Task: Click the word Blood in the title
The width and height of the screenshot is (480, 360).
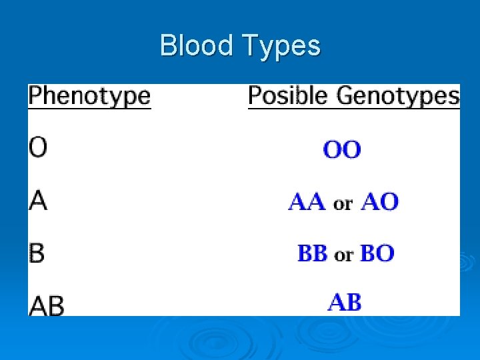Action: point(197,45)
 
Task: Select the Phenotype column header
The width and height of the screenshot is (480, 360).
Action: point(89,96)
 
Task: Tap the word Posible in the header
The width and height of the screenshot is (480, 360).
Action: point(288,96)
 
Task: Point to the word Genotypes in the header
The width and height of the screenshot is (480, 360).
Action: point(398,97)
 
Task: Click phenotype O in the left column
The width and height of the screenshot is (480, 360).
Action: point(38,148)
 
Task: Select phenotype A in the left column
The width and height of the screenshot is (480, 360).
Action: point(38,200)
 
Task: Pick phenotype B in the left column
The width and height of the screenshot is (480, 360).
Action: point(37,253)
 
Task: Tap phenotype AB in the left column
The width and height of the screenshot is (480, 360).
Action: point(47,305)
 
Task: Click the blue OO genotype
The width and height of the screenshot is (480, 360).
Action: point(342,149)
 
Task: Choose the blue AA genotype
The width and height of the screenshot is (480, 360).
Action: point(307,201)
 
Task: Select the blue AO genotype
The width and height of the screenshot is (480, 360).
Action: point(379,201)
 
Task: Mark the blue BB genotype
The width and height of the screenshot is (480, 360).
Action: point(312,253)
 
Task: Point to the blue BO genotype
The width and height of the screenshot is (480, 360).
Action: point(377,253)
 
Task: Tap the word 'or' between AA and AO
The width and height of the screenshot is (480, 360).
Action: point(343,203)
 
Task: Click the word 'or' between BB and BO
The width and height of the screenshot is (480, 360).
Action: point(343,255)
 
